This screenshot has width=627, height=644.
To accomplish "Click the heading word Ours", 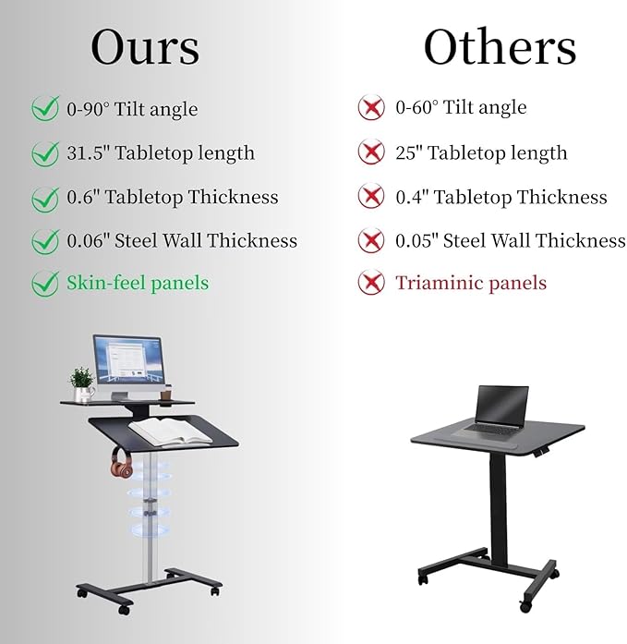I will (x=145, y=46).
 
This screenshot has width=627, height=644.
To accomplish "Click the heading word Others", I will (x=500, y=46).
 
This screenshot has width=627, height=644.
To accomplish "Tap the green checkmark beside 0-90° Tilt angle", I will (x=44, y=109).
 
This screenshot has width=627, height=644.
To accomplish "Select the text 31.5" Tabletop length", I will (x=160, y=153).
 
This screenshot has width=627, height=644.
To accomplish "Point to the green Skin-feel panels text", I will (x=137, y=283).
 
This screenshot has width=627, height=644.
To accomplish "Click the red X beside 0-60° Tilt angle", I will (x=371, y=108).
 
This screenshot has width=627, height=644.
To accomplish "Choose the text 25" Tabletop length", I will (x=481, y=153).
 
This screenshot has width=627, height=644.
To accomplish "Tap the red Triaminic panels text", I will (x=471, y=283).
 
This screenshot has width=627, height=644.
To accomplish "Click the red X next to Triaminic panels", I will (x=371, y=284).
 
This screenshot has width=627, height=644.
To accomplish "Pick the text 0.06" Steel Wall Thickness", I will (x=181, y=241).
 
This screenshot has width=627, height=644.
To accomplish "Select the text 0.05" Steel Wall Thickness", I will (x=510, y=241).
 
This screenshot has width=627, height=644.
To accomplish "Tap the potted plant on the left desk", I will (x=83, y=383).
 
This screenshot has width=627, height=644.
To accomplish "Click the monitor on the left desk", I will (x=129, y=361).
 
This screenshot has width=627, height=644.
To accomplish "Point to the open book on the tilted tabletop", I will (x=172, y=428).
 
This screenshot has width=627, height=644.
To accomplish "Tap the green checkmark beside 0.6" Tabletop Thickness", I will (x=44, y=198).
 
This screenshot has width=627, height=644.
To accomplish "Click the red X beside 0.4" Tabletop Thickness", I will (x=371, y=197).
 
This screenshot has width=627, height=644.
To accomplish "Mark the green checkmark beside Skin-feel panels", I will (x=44, y=284).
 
